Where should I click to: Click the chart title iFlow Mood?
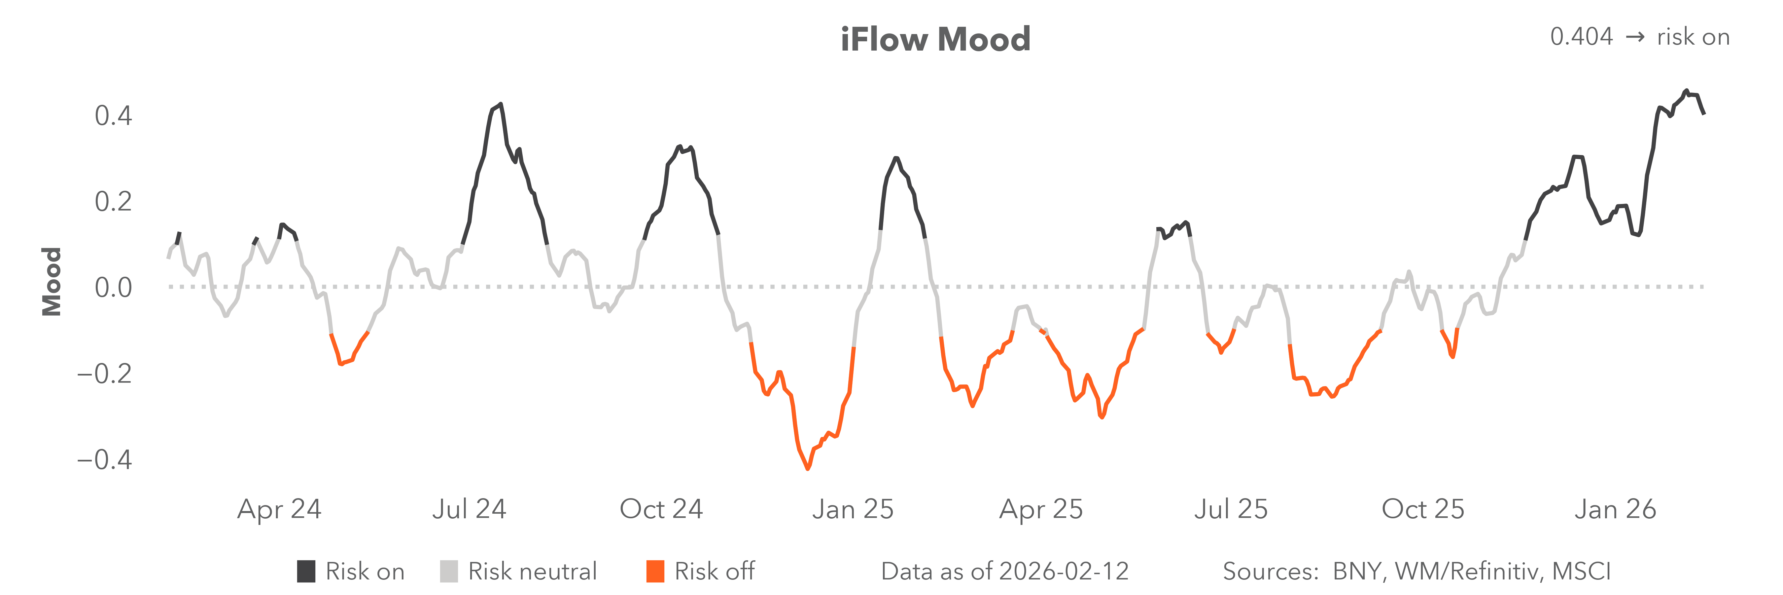pos(935,39)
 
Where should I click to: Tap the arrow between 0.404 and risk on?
pos(1635,37)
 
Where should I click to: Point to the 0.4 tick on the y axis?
pos(114,116)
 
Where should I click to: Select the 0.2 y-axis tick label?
pos(114,202)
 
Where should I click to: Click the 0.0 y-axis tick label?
pos(114,288)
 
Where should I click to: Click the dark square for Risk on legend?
pos(306,572)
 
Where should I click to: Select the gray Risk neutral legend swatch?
pos(448,572)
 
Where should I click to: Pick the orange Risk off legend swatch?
pos(655,572)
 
